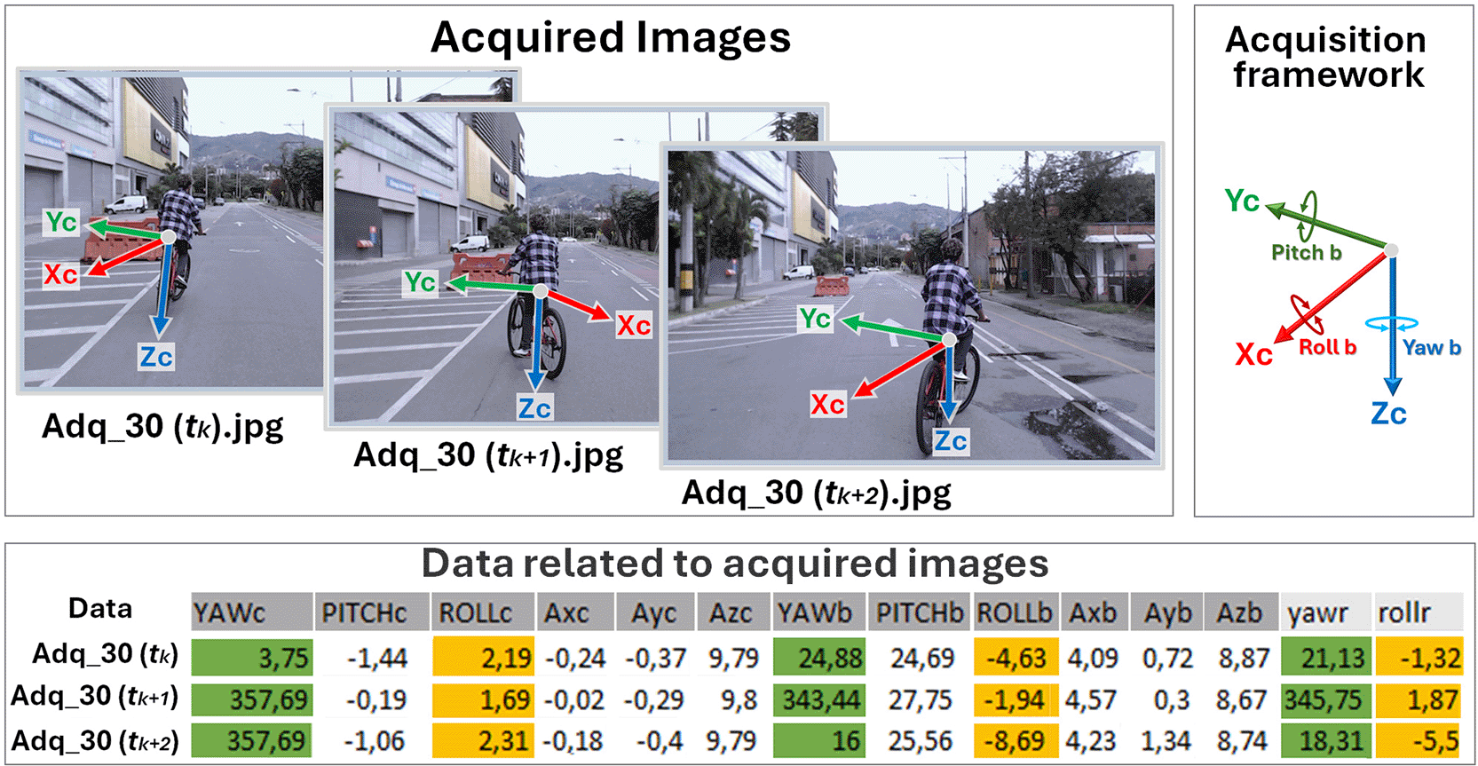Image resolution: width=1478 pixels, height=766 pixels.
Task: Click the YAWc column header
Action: coord(251,612)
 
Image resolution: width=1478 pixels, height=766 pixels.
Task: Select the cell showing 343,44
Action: coord(818,699)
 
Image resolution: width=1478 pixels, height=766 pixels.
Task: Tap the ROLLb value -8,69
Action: coord(1016,740)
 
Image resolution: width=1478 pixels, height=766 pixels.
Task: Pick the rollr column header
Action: coord(1419,612)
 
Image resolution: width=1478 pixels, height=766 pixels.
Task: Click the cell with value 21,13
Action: coord(1326,657)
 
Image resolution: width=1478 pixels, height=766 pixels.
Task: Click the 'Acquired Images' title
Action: coord(611,37)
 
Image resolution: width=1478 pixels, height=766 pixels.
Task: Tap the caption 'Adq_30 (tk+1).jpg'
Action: coord(488,455)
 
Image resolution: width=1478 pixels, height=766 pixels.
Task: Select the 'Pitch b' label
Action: coord(1307,253)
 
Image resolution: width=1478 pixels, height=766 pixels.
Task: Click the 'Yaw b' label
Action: coord(1431,348)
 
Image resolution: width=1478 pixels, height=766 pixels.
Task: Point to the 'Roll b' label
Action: coord(1328,347)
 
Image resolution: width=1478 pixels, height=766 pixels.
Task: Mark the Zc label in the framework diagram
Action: coord(1389,415)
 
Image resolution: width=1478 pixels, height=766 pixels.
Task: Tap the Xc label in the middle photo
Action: coord(634,325)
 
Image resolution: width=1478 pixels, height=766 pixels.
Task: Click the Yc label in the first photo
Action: coord(61,223)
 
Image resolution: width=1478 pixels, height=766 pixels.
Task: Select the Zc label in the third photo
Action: coord(950,441)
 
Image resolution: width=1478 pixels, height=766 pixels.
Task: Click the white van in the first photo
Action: coord(126,203)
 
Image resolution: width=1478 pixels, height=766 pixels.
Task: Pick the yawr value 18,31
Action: coord(1326,740)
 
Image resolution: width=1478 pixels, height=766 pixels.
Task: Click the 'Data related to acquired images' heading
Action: coord(735,564)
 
